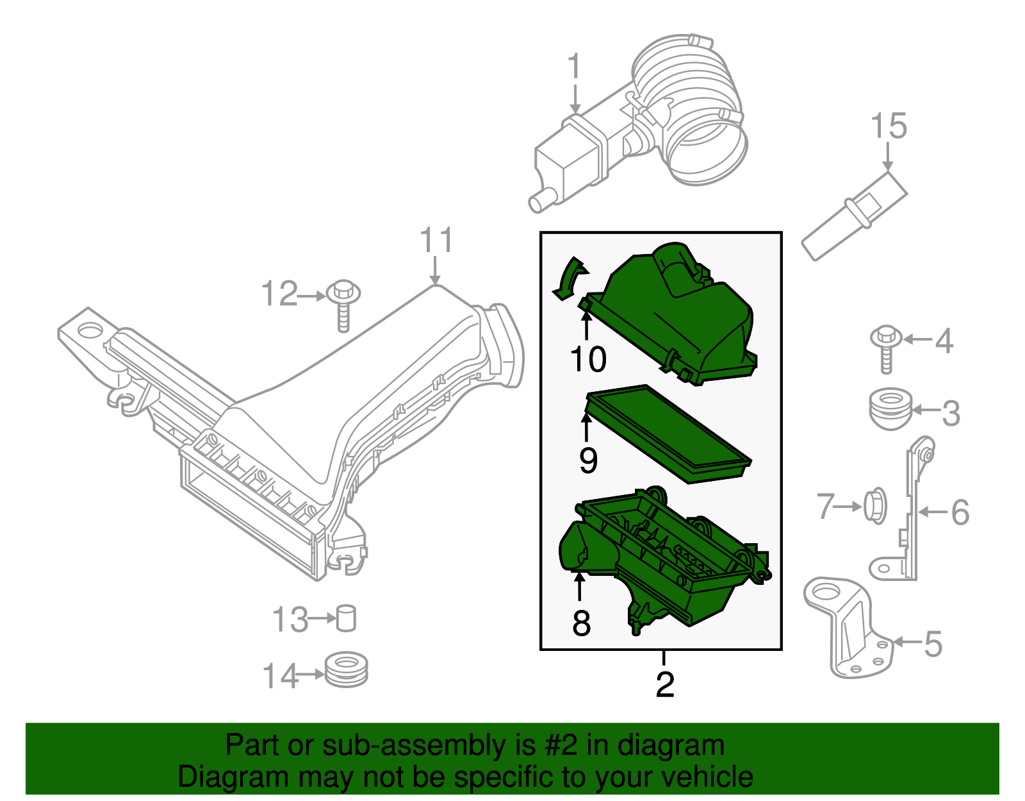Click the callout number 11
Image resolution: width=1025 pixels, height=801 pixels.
pos(436,240)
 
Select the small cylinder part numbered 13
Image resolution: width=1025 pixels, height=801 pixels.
pos(346,618)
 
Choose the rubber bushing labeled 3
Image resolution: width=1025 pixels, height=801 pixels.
pos(890,409)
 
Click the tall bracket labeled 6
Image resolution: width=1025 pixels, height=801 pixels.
pos(912,513)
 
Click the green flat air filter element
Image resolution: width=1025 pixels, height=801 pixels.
pos(666,433)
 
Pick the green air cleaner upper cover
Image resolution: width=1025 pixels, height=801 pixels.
pos(679,314)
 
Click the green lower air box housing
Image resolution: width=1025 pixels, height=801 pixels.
pos(666,564)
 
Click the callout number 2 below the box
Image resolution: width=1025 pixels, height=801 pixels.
pos(665,684)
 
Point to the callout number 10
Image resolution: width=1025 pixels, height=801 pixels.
pos(587,359)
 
